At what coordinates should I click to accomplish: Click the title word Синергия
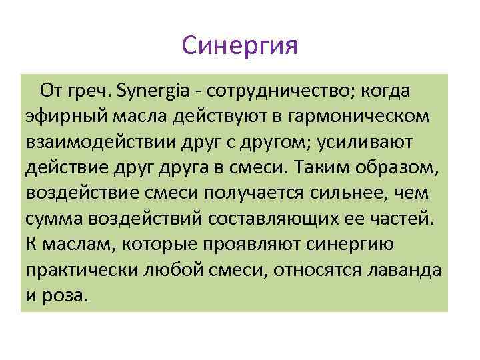(x=239, y=46)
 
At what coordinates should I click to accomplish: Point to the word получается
(x=254, y=193)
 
